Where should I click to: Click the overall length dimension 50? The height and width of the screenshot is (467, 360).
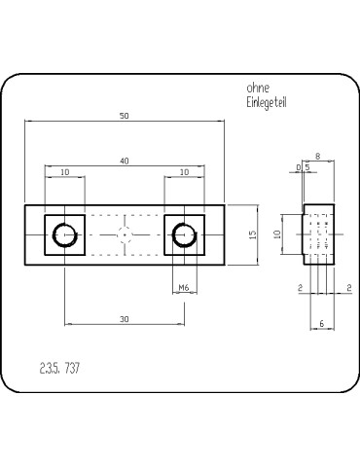(125, 116)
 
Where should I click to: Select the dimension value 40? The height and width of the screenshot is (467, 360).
(125, 160)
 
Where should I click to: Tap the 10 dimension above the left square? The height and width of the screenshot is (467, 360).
(65, 172)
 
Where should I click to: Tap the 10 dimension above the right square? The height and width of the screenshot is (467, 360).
(184, 172)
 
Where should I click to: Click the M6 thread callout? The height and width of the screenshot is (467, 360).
(184, 287)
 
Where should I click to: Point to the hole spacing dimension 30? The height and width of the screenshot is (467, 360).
(125, 319)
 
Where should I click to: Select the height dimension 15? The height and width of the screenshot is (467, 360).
(252, 234)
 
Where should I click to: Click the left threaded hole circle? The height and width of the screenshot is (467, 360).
(65, 234)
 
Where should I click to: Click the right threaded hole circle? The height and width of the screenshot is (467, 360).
(184, 234)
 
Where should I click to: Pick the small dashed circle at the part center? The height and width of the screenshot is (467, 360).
(125, 234)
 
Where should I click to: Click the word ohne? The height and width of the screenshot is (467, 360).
(258, 87)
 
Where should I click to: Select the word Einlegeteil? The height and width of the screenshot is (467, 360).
(267, 102)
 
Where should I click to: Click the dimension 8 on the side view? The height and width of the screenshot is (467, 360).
(318, 156)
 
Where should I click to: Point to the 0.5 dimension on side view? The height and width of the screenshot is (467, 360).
(303, 167)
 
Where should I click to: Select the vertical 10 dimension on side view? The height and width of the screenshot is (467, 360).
(276, 234)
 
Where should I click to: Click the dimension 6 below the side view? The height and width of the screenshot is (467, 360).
(321, 322)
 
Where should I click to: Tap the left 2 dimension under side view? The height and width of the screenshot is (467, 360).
(300, 287)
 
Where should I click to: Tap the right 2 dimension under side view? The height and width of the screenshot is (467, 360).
(347, 287)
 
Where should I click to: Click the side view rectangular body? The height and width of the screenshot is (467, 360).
(319, 234)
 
